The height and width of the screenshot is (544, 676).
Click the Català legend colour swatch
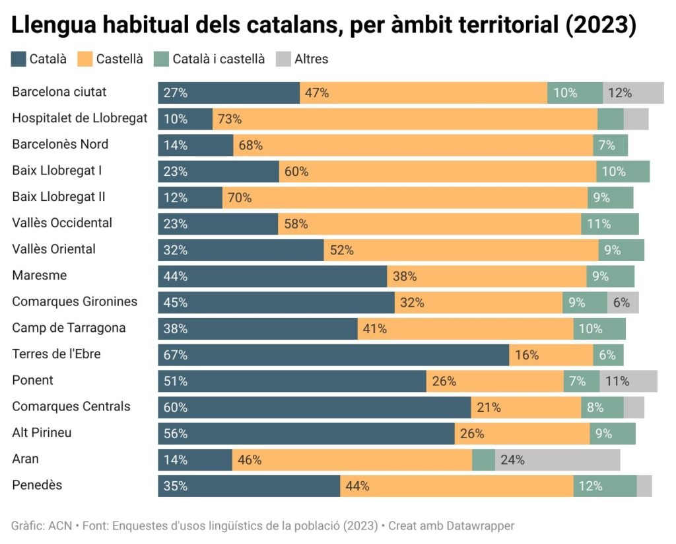coord(19,59)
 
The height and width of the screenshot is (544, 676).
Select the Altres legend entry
coord(311,59)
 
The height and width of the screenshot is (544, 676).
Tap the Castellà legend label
coord(119,59)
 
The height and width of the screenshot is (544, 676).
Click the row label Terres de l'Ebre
coord(56,354)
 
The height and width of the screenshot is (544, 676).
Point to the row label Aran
coord(25,459)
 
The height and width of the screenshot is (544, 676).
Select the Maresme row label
coord(40,276)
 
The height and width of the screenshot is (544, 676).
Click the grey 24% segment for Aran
coord(557,459)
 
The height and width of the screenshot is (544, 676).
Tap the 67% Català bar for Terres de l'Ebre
coord(333,355)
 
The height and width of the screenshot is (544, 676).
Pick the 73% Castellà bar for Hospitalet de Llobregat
coord(405,119)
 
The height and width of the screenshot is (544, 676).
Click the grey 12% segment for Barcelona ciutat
coord(633,93)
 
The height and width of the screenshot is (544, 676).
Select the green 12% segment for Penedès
coord(605,486)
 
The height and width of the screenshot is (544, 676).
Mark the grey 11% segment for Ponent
coord(628,381)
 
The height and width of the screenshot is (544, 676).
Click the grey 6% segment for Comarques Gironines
coord(623,302)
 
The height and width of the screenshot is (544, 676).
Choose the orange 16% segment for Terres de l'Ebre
coord(551,355)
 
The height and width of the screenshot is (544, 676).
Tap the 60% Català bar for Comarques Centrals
coord(314,407)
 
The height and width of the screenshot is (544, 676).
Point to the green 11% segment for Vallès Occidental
coord(609,223)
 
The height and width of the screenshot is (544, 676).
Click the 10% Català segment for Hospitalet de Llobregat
coord(185,119)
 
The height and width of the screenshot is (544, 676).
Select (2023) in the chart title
coord(602,26)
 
